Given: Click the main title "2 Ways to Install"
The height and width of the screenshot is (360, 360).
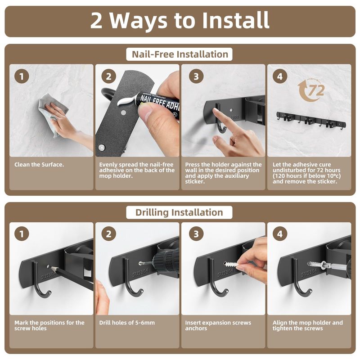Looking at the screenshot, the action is point(180,21).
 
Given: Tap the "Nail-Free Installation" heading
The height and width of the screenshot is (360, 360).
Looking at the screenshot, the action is point(180,54).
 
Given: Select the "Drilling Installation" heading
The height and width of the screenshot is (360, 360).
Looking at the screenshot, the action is point(179,212).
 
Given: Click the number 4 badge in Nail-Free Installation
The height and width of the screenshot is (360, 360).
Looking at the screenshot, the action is point(280,76).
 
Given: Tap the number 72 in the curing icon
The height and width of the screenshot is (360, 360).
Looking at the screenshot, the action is point(316,90).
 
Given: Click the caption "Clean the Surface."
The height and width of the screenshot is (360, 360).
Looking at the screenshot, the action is point(39,165).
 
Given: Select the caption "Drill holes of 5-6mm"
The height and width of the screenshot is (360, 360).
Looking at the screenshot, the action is point(127,323).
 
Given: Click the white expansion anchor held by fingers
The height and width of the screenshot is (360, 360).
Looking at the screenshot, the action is point(231,265).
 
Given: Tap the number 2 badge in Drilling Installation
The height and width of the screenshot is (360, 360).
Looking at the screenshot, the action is point(108,234).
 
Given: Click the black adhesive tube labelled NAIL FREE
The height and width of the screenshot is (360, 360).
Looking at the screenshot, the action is point(158,104).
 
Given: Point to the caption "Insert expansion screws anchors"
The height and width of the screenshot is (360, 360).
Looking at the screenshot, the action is point(218,325).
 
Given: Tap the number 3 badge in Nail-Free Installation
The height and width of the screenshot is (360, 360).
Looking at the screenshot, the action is point(196,76).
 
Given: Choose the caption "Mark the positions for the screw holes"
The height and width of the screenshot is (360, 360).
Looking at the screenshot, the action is point(49,325).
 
